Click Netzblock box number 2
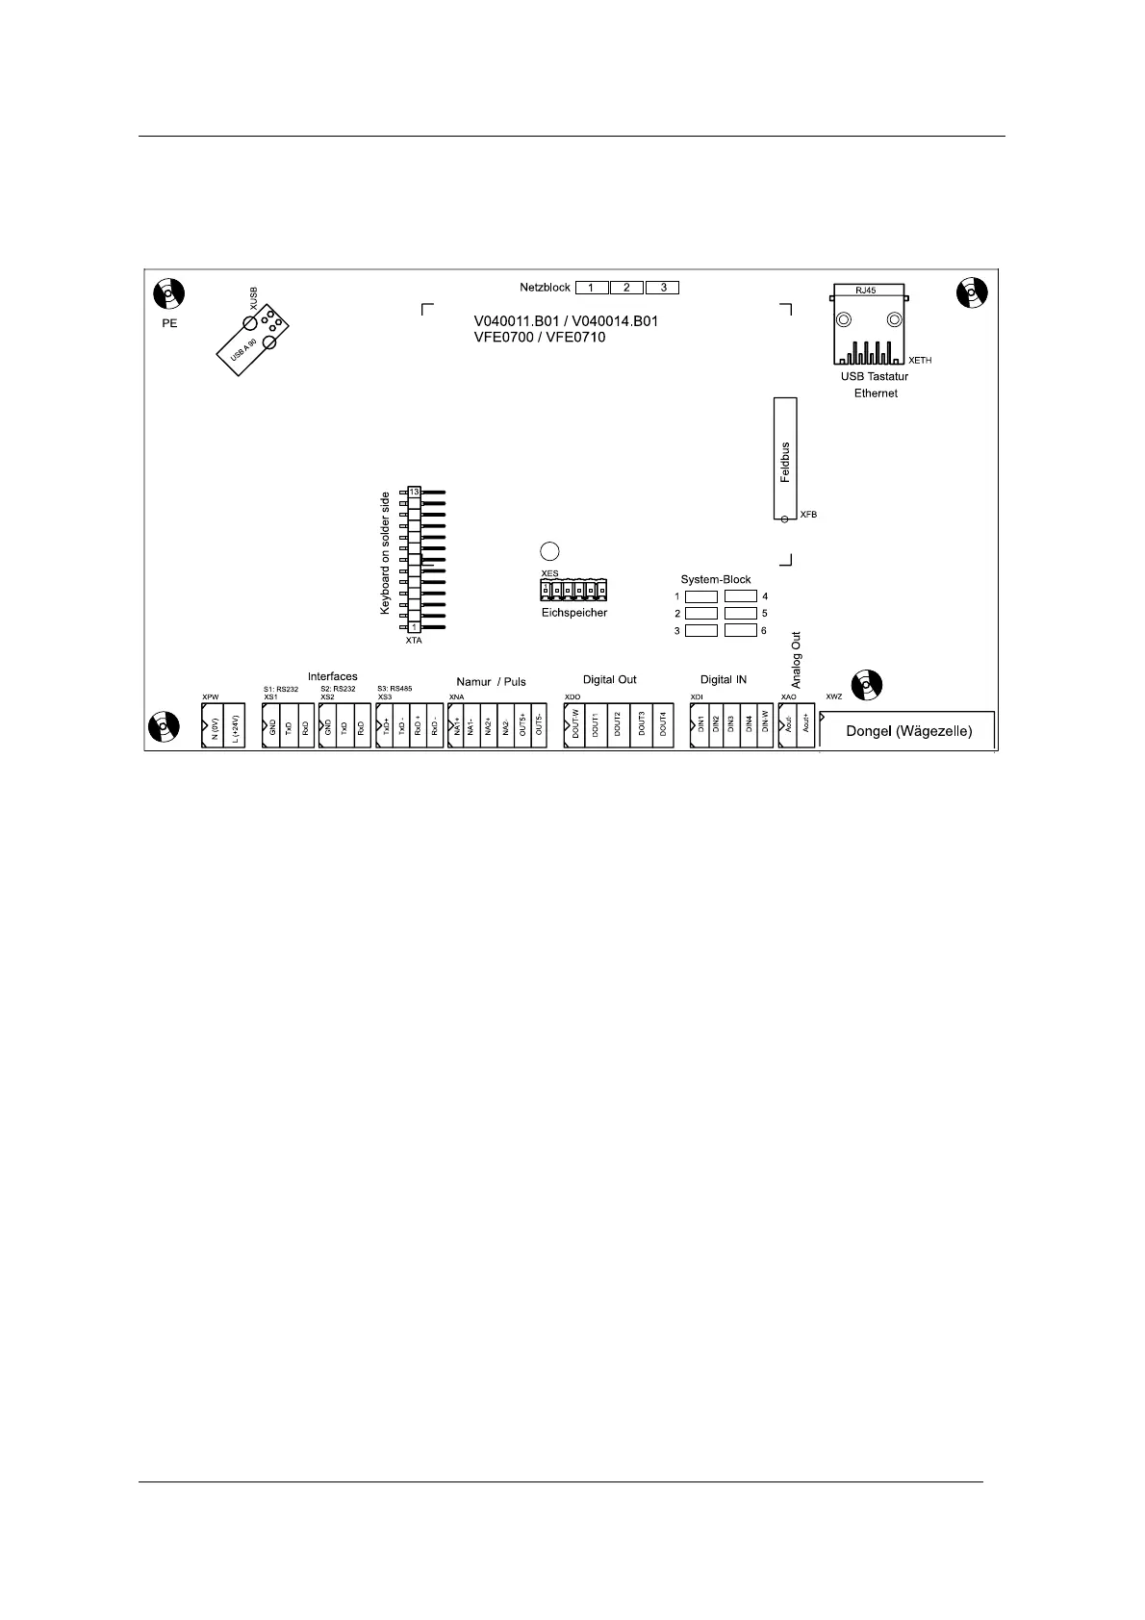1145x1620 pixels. click(x=626, y=288)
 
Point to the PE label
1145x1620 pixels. click(x=169, y=323)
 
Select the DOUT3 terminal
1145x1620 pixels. click(x=641, y=725)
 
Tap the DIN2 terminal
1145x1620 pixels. click(x=716, y=725)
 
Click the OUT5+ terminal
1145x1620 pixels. click(x=522, y=725)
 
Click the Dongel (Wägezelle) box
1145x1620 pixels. click(x=908, y=731)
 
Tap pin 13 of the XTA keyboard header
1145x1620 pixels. click(x=414, y=493)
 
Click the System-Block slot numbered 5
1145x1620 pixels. click(x=740, y=613)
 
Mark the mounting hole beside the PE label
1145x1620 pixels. click(x=168, y=292)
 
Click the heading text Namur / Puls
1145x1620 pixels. click(x=491, y=682)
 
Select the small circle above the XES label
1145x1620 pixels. click(x=549, y=551)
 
